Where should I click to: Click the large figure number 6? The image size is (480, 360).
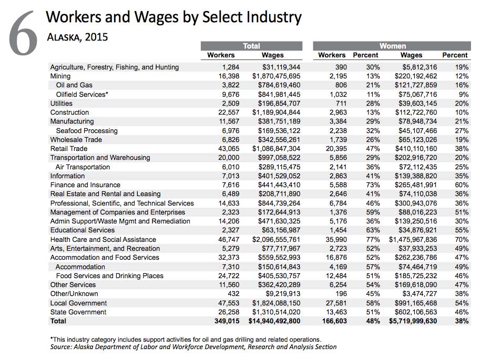click(x=23, y=33)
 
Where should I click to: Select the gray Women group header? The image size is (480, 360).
click(x=392, y=46)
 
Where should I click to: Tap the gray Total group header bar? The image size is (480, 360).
click(x=251, y=46)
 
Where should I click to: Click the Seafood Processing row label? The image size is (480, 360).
click(x=87, y=131)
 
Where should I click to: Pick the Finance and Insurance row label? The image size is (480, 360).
click(x=85, y=185)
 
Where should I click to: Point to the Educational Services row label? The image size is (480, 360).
click(x=83, y=230)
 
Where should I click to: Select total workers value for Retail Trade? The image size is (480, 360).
click(x=229, y=149)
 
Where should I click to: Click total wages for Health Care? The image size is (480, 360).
click(x=276, y=240)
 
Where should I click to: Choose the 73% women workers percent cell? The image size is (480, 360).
click(x=373, y=185)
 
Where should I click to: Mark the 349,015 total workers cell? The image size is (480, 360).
click(x=227, y=321)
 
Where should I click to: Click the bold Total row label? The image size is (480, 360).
click(x=58, y=321)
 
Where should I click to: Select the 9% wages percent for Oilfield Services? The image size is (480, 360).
click(x=464, y=95)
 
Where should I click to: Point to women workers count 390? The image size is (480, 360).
click(x=341, y=67)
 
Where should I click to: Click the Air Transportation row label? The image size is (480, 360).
click(x=83, y=167)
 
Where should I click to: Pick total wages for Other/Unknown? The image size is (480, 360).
click(x=283, y=294)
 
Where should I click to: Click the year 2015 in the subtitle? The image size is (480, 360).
click(x=96, y=37)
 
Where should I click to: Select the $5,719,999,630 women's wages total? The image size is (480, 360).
click(x=413, y=321)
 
